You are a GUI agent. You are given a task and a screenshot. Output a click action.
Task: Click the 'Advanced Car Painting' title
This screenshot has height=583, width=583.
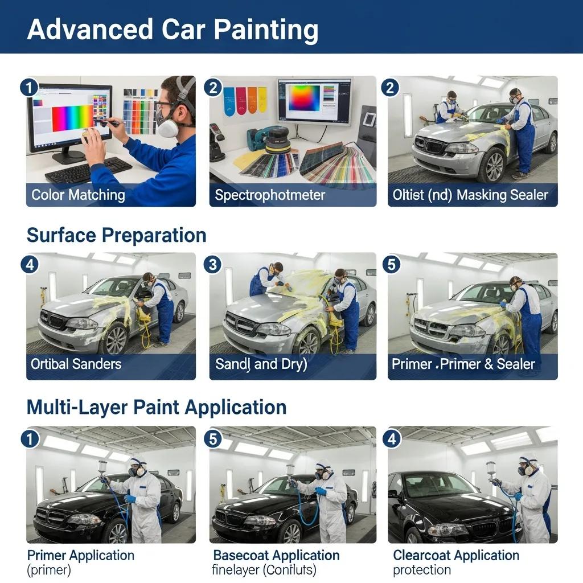pos(173,29)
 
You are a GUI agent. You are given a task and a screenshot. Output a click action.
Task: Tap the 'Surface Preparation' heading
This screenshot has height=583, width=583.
pos(116,235)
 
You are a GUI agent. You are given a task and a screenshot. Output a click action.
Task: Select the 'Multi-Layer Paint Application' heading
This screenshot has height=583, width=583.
pos(156,408)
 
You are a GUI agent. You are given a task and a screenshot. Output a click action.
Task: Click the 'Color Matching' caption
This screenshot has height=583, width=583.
pos(78,195)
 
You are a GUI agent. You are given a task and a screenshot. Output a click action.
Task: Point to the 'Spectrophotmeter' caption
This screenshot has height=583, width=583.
pos(270,195)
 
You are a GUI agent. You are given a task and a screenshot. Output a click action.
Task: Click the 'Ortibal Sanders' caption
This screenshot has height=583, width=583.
pos(76,364)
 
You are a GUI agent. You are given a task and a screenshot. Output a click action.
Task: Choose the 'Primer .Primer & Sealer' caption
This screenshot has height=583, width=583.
pos(463,364)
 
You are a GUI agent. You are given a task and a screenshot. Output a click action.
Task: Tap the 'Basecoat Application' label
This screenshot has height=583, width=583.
pos(276,555)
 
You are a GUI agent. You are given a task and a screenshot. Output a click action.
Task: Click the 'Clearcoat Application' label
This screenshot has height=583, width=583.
pos(456,555)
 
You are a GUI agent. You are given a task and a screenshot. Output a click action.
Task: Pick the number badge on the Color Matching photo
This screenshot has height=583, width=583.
pos(28,88)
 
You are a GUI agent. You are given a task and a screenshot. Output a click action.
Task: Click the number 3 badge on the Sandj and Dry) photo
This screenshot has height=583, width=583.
pos(212,264)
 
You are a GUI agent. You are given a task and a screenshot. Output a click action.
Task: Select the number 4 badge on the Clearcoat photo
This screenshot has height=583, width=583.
pos(393,438)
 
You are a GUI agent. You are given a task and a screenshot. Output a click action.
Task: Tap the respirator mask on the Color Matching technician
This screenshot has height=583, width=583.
pos(168,127)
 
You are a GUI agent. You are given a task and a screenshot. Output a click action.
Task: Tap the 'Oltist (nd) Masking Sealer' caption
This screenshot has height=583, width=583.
pos(470,195)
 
